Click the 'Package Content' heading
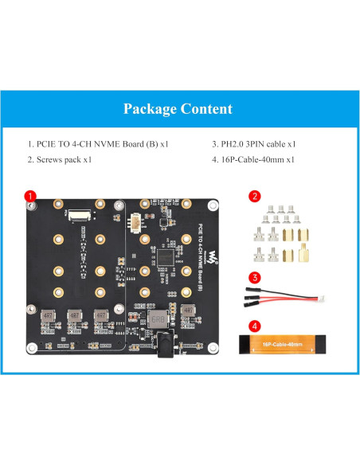pos(179,109)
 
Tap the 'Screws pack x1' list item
pos(60,159)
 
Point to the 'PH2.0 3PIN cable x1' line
pos(254,144)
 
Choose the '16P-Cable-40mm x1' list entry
pos(254,159)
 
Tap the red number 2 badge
pos(254,195)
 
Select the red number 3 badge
pos(254,278)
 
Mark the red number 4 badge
pos(254,326)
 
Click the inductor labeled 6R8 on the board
pos(157,317)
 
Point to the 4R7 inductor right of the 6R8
pos(188,311)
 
